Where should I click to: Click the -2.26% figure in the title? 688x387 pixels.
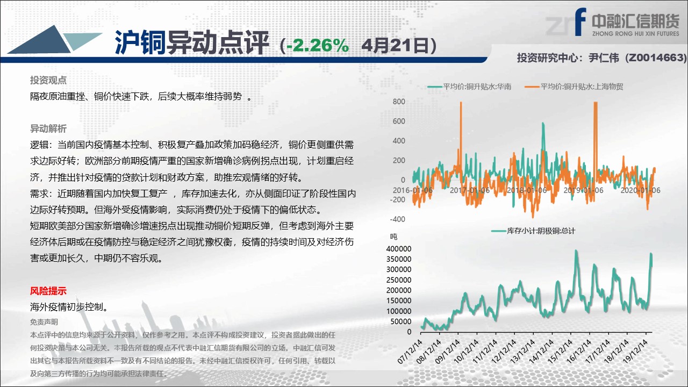[318, 46]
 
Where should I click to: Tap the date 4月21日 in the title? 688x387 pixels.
[395, 46]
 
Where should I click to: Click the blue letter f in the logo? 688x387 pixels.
[580, 21]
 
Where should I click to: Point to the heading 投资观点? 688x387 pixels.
[48, 80]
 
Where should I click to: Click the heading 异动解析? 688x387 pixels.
[48, 128]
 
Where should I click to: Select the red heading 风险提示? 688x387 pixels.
[48, 291]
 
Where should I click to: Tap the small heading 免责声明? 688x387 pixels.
[44, 322]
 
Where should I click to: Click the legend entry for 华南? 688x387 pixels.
[469, 87]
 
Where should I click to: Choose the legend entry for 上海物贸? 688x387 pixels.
[574, 87]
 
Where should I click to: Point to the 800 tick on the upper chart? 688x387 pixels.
[399, 102]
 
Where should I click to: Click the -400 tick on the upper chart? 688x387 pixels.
[397, 219]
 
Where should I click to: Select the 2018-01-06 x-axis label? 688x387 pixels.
[526, 190]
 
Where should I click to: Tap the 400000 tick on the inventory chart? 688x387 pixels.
[398, 248]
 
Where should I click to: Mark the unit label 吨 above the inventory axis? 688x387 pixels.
[393, 236]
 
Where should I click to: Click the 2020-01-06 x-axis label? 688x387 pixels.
[640, 190]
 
